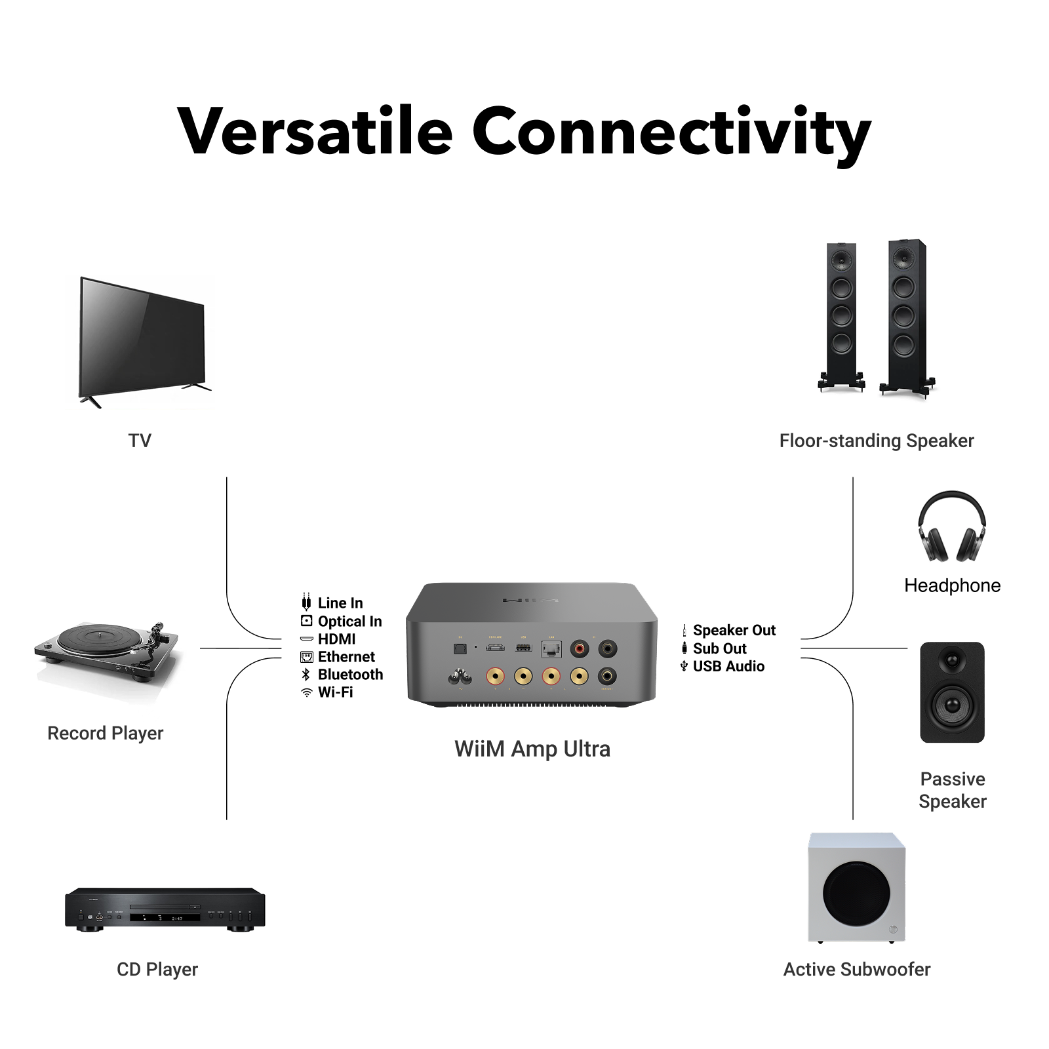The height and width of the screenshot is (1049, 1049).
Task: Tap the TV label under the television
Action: tap(140, 441)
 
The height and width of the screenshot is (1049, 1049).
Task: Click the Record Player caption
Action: tap(105, 733)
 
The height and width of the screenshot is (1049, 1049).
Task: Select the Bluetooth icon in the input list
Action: tap(306, 675)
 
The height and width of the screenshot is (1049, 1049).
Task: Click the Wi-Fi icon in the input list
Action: tap(306, 692)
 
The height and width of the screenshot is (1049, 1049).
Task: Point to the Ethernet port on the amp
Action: tap(551, 649)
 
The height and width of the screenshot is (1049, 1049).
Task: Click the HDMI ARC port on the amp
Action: tap(495, 648)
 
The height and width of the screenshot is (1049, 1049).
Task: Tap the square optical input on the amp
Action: tap(460, 648)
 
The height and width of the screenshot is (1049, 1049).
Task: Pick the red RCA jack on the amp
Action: tap(580, 649)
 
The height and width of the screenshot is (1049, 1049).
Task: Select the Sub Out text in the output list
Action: tap(719, 648)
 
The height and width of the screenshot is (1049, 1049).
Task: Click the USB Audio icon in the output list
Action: tap(684, 666)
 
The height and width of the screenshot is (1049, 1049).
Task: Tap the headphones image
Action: tap(951, 528)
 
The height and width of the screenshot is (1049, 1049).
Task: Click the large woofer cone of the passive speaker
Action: tap(952, 705)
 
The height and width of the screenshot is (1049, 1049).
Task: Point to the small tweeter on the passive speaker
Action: tap(952, 660)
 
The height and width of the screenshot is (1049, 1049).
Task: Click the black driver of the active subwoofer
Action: tap(856, 893)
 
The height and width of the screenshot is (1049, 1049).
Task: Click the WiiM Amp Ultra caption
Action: tap(532, 749)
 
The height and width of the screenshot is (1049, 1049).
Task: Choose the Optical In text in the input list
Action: tap(349, 621)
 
